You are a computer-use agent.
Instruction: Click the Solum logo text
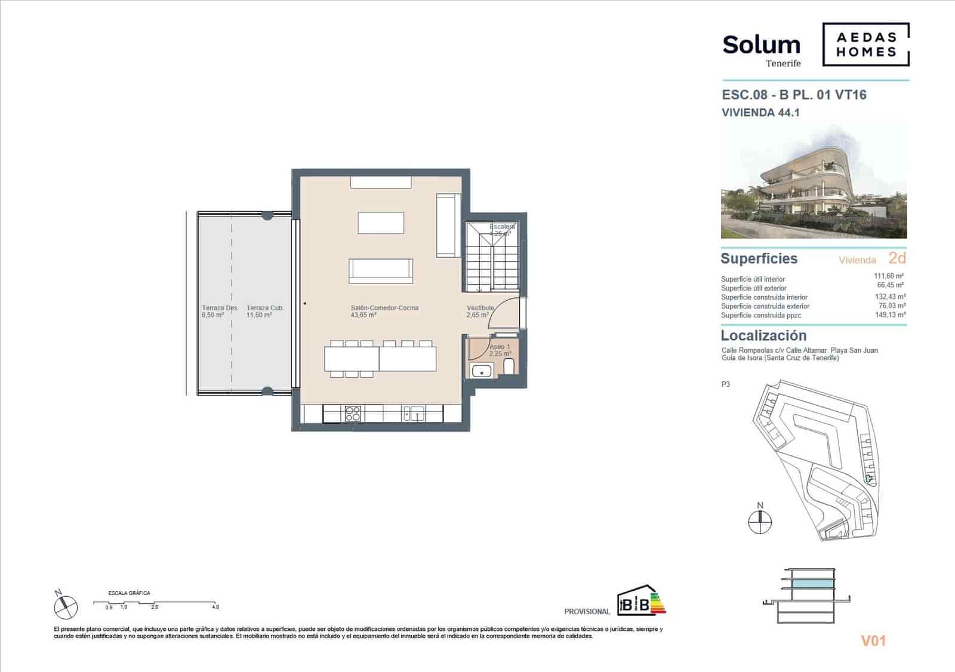[761, 45]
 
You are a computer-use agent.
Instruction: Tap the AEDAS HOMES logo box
[866, 44]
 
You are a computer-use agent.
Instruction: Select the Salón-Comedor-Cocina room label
[384, 308]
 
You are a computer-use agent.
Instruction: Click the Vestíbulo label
[480, 308]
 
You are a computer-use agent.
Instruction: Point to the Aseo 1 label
[500, 347]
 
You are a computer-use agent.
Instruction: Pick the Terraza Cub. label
[264, 308]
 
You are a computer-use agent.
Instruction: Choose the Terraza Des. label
[219, 308]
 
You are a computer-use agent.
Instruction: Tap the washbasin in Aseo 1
[480, 371]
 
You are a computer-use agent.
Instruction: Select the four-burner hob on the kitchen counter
[352, 414]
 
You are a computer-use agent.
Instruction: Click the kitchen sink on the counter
[414, 413]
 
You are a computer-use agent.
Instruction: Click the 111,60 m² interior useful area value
[889, 276]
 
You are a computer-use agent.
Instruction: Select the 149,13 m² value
[890, 315]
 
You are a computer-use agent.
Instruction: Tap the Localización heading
[763, 335]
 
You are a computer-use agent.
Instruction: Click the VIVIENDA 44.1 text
[760, 112]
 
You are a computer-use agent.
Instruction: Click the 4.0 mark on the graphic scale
[215, 607]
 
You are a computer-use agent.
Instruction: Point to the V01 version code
[873, 641]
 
